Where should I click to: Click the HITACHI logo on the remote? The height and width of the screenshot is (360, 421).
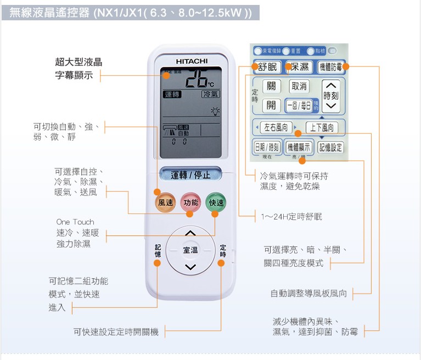pyautogui.click(x=192, y=61)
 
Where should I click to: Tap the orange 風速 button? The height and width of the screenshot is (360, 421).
pyautogui.click(x=165, y=203)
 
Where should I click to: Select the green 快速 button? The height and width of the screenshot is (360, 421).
pyautogui.click(x=216, y=203)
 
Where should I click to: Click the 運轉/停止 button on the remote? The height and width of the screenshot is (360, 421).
pyautogui.click(x=190, y=175)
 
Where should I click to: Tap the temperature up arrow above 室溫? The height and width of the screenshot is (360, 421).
pyautogui.click(x=190, y=234)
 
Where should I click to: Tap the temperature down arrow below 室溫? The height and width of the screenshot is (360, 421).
pyautogui.click(x=190, y=267)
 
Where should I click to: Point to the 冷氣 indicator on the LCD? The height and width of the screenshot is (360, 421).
pyautogui.click(x=210, y=94)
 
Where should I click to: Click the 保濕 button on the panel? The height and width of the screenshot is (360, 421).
pyautogui.click(x=299, y=67)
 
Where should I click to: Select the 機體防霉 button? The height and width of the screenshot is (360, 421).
pyautogui.click(x=332, y=67)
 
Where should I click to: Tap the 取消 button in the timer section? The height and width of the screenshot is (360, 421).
pyautogui.click(x=299, y=86)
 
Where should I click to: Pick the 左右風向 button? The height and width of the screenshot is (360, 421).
pyautogui.click(x=276, y=127)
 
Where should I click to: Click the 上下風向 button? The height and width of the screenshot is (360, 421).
pyautogui.click(x=322, y=127)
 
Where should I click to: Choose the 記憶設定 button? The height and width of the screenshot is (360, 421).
pyautogui.click(x=330, y=147)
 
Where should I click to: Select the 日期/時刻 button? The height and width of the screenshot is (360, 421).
pyautogui.click(x=267, y=147)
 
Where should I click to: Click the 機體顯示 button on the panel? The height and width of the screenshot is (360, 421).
pyautogui.click(x=299, y=147)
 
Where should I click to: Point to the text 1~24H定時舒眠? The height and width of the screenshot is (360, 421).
pyautogui.click(x=291, y=217)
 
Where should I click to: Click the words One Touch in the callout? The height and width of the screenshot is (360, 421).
pyautogui.click(x=75, y=222)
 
